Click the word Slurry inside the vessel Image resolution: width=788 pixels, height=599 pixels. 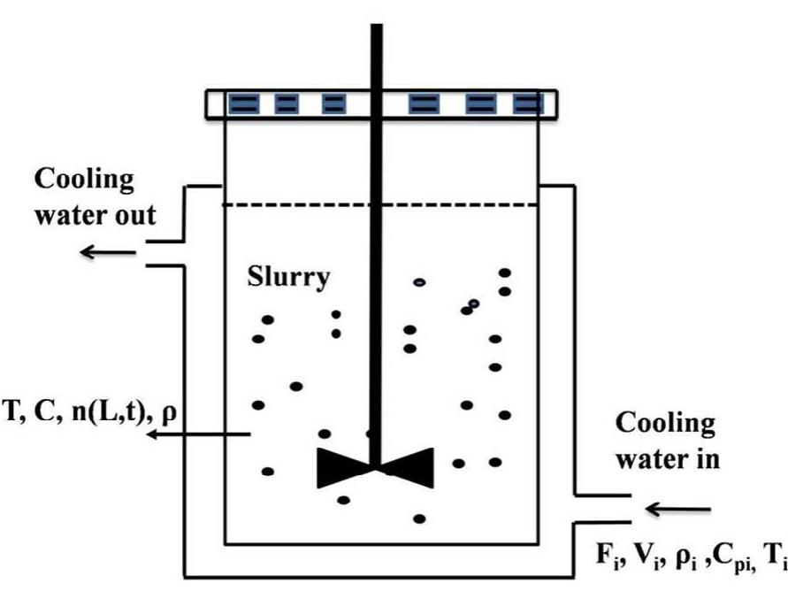point(288,276)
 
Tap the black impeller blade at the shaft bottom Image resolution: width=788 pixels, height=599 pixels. point(375,466)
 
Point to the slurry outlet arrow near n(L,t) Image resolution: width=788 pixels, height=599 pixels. point(199,434)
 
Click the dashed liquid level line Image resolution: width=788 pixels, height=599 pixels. point(380,205)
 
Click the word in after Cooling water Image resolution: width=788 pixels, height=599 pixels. point(703,460)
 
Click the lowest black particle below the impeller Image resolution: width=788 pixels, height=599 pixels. point(420,518)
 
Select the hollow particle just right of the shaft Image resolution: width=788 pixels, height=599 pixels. point(419,282)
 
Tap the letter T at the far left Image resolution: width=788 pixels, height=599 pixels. point(11,412)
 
